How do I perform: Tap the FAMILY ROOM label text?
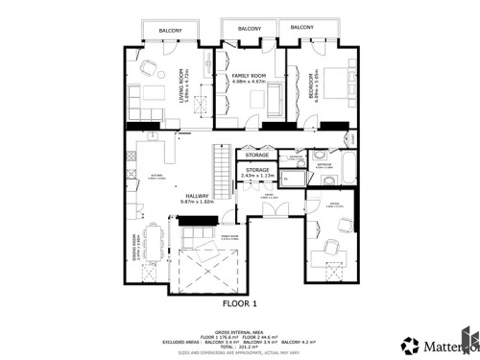click(249, 76)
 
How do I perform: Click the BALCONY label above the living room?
click(171, 31)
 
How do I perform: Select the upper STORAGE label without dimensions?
click(256, 155)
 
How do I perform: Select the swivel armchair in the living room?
click(148, 68)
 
